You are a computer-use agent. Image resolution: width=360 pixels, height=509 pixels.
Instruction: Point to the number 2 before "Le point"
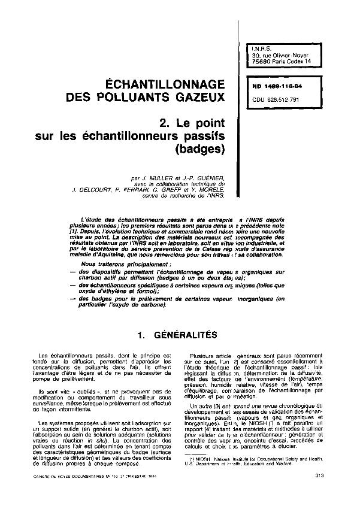(x=162, y=123)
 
